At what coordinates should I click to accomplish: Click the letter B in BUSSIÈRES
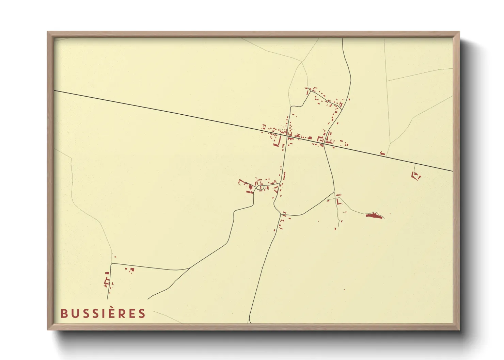64,313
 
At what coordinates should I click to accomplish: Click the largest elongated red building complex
374,215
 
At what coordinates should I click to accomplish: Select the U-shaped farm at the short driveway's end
416,176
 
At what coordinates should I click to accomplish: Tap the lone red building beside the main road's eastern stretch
382,153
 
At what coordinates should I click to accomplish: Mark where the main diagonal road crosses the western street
288,135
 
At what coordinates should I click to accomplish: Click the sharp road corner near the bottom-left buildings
112,264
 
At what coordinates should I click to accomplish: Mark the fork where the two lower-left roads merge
189,268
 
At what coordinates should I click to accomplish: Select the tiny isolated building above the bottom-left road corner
115,257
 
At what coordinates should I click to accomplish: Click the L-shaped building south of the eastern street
338,201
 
